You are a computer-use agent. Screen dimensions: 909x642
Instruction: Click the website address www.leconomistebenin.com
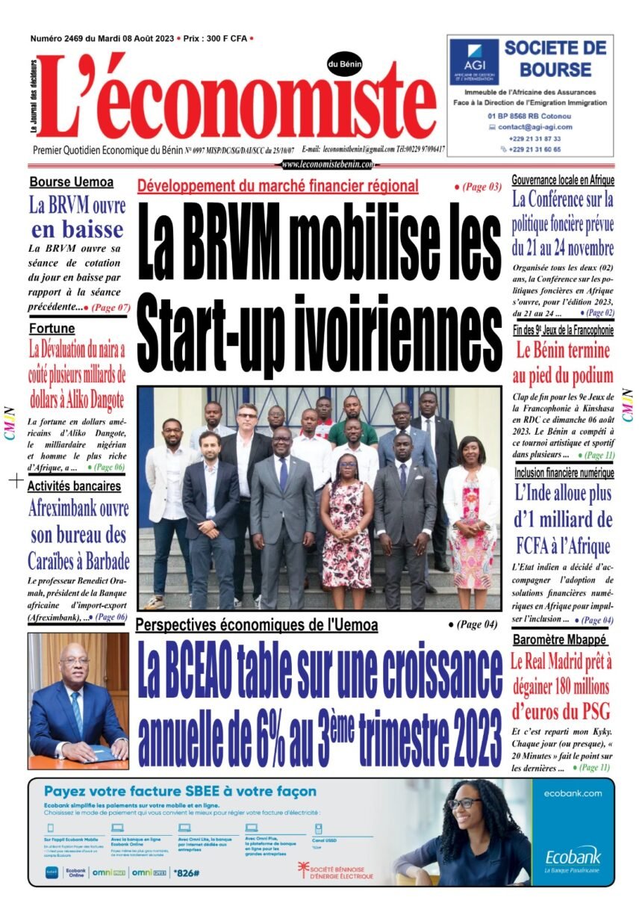[x=328, y=164]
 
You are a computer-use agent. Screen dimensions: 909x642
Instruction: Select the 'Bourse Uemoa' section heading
[x=72, y=182]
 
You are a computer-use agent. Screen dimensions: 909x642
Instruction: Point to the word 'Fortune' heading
[x=52, y=328]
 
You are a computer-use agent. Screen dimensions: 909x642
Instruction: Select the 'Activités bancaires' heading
[x=74, y=486]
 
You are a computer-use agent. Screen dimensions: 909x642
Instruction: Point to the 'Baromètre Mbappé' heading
[x=561, y=640]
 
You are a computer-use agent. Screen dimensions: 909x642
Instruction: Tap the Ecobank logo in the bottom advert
[x=573, y=855]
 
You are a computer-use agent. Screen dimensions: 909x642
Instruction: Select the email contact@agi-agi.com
[x=531, y=128]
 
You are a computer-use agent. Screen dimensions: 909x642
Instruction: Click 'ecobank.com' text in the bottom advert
[x=573, y=792]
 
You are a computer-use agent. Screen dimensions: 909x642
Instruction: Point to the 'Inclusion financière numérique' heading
[x=564, y=473]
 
